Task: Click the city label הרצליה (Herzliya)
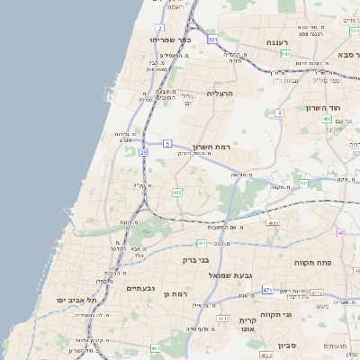(x=220, y=94)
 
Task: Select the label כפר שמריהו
(x=172, y=40)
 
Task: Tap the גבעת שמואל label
(x=229, y=274)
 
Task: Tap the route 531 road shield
(x=212, y=40)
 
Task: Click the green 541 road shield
(x=284, y=54)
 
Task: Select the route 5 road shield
(x=167, y=144)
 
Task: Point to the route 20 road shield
(x=143, y=152)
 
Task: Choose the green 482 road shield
(x=177, y=192)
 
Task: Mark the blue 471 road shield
(x=267, y=290)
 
